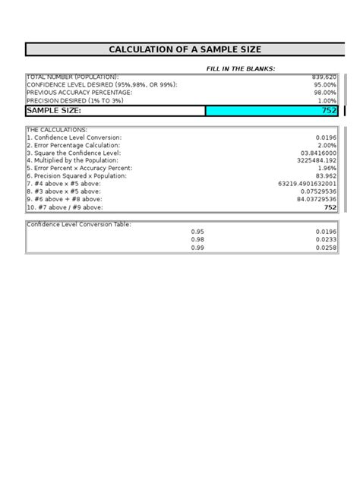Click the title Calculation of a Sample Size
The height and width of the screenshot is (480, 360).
point(185,50)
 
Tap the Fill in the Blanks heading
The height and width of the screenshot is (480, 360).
point(241,68)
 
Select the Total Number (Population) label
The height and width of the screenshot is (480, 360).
point(72,77)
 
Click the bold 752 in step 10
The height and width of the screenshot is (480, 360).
point(330,207)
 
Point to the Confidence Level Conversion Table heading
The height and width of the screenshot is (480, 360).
point(79,224)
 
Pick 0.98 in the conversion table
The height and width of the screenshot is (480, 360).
point(197,239)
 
